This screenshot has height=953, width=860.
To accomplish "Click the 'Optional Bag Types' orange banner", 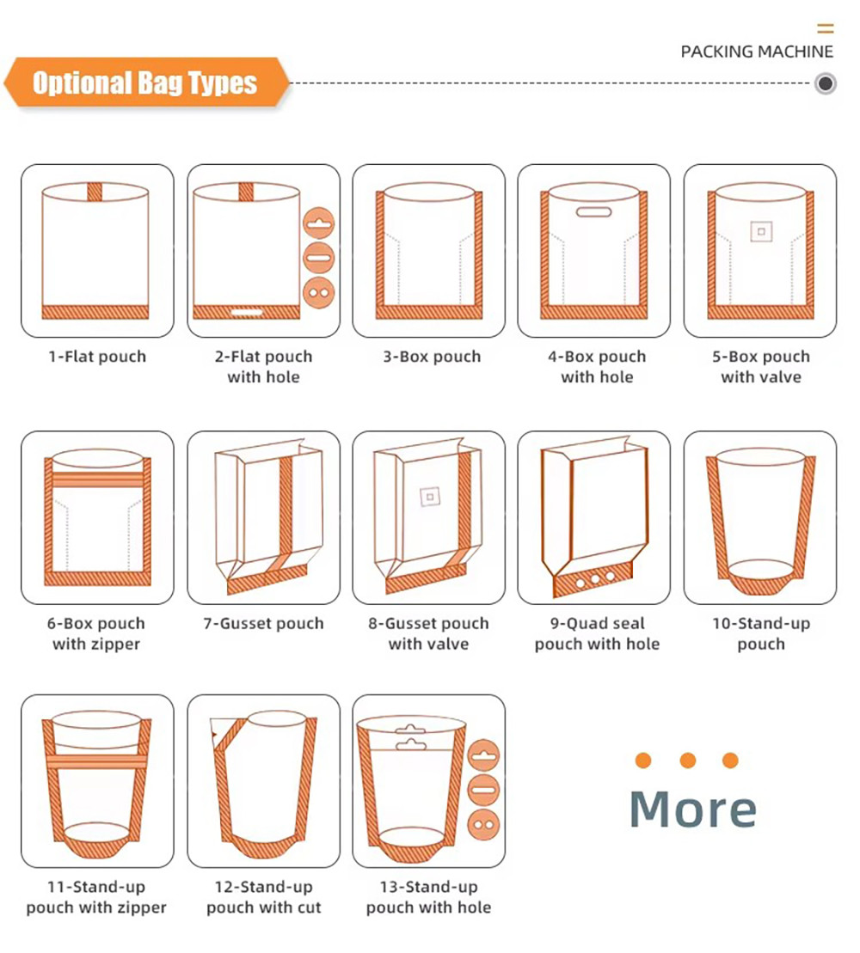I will click(x=144, y=83).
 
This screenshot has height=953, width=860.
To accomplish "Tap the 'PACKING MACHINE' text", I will click(x=757, y=52).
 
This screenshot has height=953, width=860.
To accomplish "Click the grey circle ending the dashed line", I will click(x=826, y=83).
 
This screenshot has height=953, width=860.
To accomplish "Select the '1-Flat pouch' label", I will click(x=97, y=357).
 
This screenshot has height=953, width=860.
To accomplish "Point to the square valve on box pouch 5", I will click(x=760, y=230).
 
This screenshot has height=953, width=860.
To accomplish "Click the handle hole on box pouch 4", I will click(x=593, y=211).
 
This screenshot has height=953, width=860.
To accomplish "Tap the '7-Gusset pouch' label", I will click(x=263, y=623).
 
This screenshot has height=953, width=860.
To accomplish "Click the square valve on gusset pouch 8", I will click(x=428, y=496).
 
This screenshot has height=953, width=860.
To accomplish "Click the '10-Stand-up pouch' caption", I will click(x=761, y=633).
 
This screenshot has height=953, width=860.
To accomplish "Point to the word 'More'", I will click(x=693, y=809).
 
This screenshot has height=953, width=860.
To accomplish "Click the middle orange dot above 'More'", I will click(x=687, y=761).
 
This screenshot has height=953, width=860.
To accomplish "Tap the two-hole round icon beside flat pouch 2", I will click(x=318, y=292).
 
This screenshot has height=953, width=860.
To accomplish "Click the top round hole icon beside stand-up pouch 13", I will click(x=484, y=755).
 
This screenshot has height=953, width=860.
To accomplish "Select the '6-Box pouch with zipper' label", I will click(x=97, y=633).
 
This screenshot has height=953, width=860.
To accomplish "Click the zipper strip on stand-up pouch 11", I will click(x=97, y=761).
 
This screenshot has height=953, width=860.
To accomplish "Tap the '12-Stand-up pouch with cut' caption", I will click(x=263, y=896).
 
